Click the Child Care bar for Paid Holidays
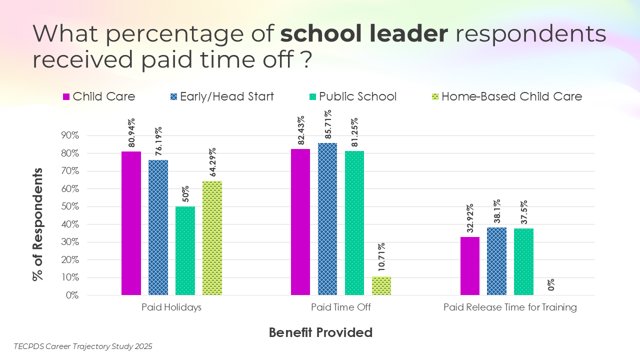131,223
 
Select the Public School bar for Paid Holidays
185,250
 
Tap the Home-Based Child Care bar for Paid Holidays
212,238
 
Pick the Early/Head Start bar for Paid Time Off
327,219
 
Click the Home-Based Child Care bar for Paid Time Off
381,285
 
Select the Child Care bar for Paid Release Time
470,266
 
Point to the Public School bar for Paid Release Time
523,262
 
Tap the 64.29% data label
212,162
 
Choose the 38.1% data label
497,212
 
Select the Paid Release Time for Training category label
510,307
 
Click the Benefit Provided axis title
320,332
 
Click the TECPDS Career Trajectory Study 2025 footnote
83,346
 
